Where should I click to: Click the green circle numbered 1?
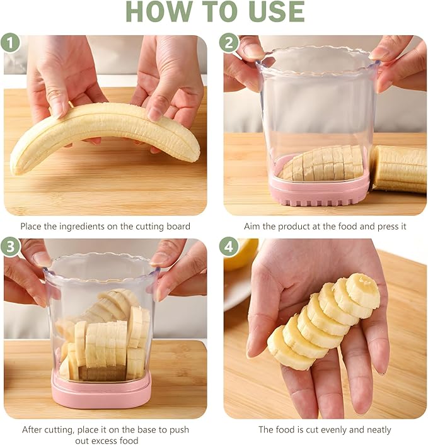10,43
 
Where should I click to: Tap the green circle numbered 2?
229,43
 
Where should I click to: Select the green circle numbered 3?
10,246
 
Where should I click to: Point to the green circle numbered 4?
229,246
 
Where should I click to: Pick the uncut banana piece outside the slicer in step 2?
399,169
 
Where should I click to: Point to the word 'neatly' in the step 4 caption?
379,430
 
